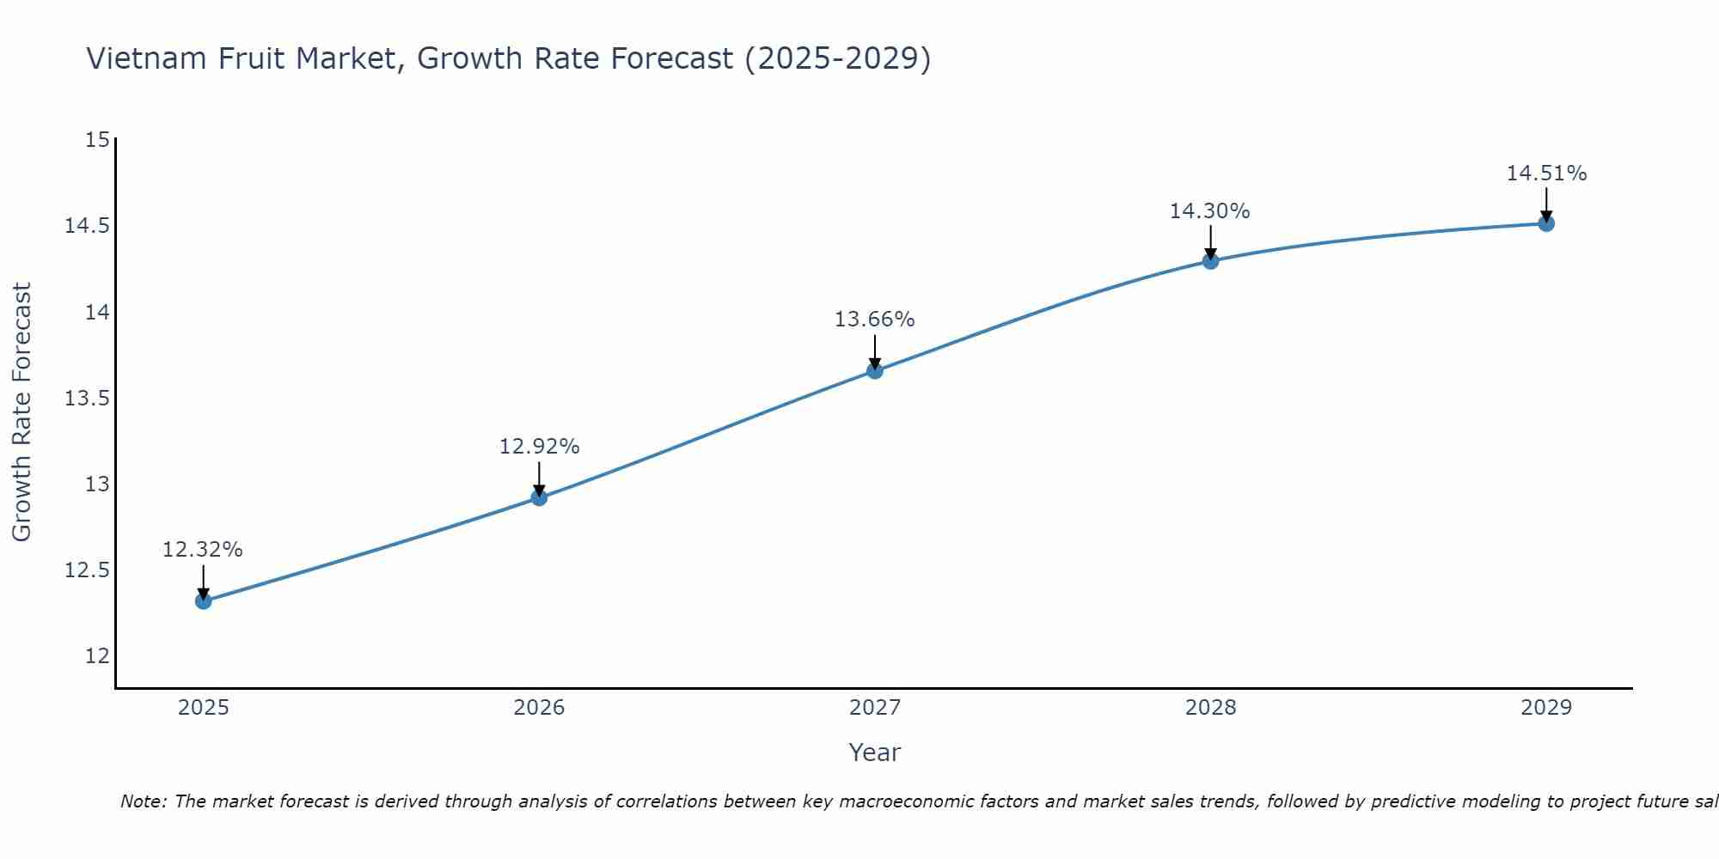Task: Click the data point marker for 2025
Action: pyautogui.click(x=204, y=601)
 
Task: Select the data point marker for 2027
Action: pyautogui.click(x=875, y=371)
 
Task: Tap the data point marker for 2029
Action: pyautogui.click(x=1546, y=224)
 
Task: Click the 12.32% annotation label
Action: pyautogui.click(x=203, y=550)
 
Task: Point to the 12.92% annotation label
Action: pyautogui.click(x=539, y=447)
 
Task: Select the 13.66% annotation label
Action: pyautogui.click(x=874, y=320)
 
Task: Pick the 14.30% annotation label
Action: pyautogui.click(x=1209, y=211)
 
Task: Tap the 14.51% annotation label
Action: pyautogui.click(x=1546, y=174)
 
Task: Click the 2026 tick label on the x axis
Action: pyautogui.click(x=539, y=708)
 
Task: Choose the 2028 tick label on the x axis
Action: pyautogui.click(x=1210, y=708)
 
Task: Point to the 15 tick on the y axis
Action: pyautogui.click(x=98, y=140)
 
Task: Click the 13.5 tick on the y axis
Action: pyautogui.click(x=88, y=399)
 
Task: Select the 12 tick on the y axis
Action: pyautogui.click(x=98, y=656)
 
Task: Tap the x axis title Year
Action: pyautogui.click(x=874, y=752)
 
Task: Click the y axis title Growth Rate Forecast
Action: pyautogui.click(x=21, y=412)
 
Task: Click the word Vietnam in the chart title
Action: pyautogui.click(x=146, y=58)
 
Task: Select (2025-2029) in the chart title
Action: pyautogui.click(x=838, y=58)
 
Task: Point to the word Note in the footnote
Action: pyautogui.click(x=143, y=801)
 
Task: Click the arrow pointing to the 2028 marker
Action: pyautogui.click(x=1210, y=241)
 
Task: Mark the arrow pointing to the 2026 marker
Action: pyautogui.click(x=539, y=478)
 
